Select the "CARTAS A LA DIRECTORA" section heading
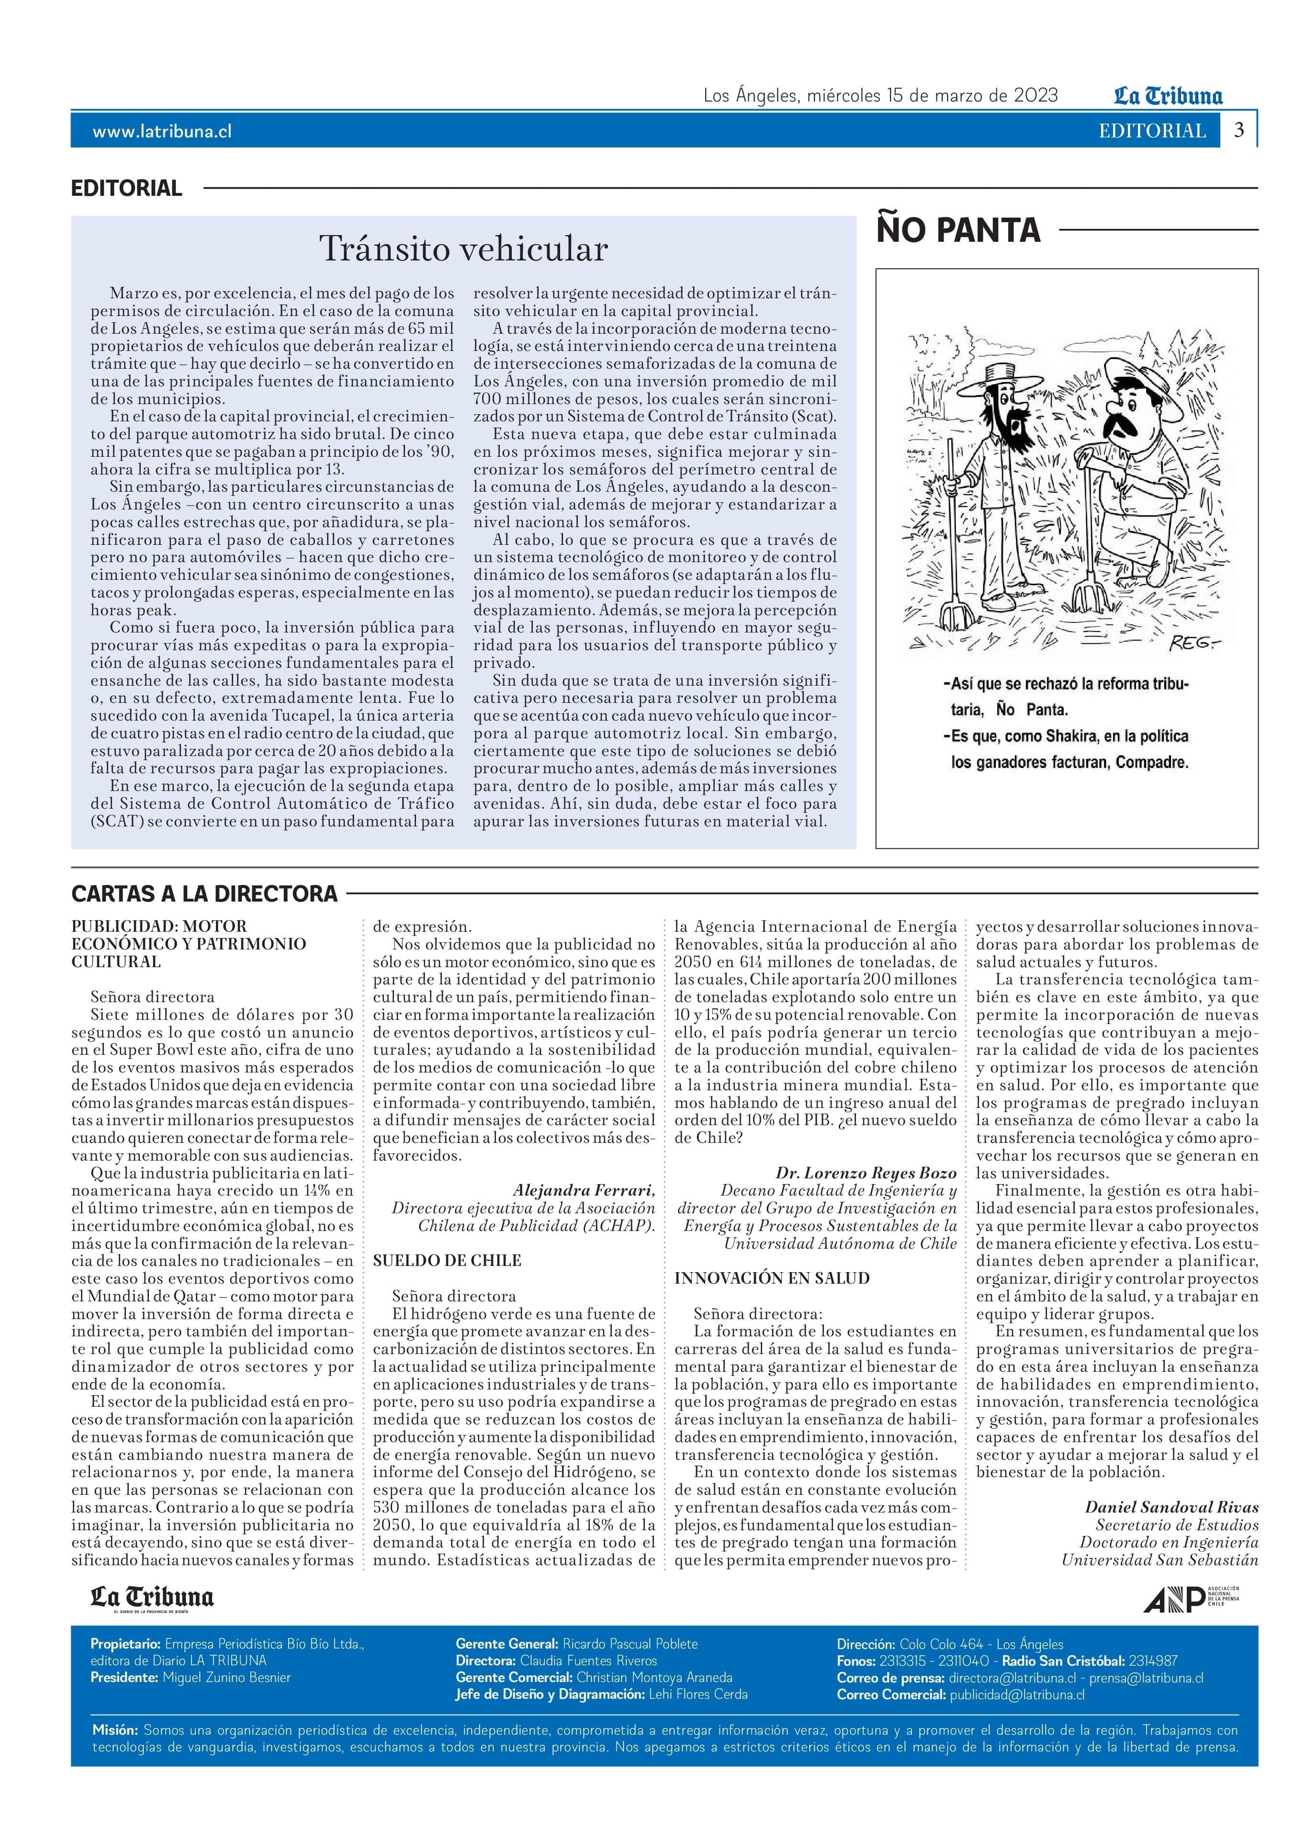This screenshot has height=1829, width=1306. (204, 893)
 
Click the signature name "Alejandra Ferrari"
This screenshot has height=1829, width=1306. (584, 1190)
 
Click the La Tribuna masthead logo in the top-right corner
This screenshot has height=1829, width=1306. (1168, 97)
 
